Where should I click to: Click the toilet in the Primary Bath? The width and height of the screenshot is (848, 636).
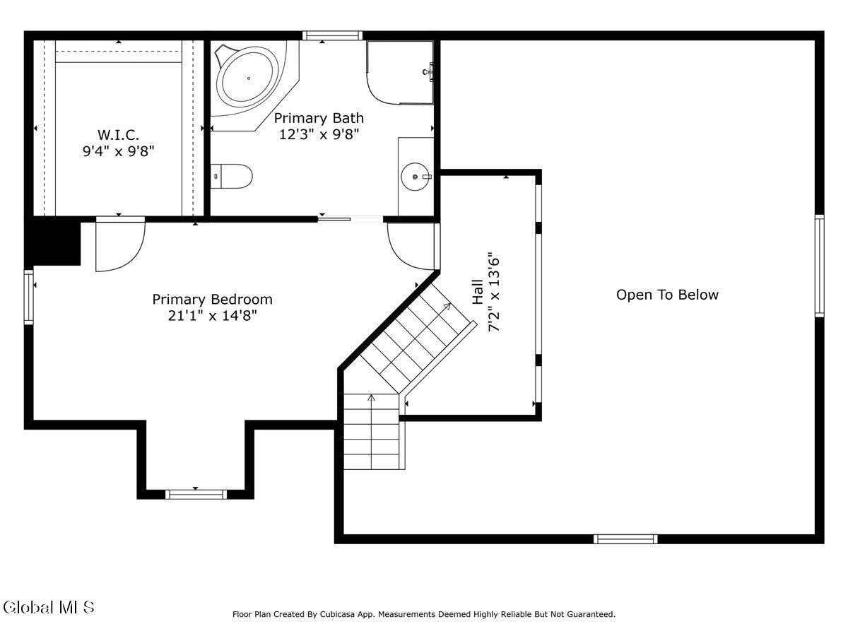pyautogui.click(x=231, y=176)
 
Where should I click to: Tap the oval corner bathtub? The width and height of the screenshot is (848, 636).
pyautogui.click(x=247, y=78)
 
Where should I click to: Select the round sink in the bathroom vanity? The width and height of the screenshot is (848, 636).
pyautogui.click(x=416, y=177)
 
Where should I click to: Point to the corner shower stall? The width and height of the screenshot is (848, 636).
pyautogui.click(x=399, y=73)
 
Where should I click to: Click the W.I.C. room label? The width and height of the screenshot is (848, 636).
pyautogui.click(x=118, y=135)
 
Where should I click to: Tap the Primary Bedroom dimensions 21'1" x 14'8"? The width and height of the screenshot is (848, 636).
pyautogui.click(x=212, y=316)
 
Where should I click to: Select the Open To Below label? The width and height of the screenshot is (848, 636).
pyautogui.click(x=667, y=295)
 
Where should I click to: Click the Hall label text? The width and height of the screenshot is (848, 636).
pyautogui.click(x=478, y=292)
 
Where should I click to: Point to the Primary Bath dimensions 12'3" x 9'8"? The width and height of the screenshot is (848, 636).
pyautogui.click(x=319, y=134)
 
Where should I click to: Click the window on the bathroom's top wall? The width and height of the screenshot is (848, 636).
pyautogui.click(x=332, y=35)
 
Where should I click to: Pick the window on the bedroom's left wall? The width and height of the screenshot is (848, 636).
pyautogui.click(x=28, y=297)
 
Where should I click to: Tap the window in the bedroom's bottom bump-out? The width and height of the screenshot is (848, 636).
pyautogui.click(x=196, y=494)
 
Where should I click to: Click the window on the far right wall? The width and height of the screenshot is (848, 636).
pyautogui.click(x=820, y=266)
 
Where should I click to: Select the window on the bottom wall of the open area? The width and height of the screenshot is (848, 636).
pyautogui.click(x=625, y=539)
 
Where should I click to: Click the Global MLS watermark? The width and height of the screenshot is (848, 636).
pyautogui.click(x=48, y=608)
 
